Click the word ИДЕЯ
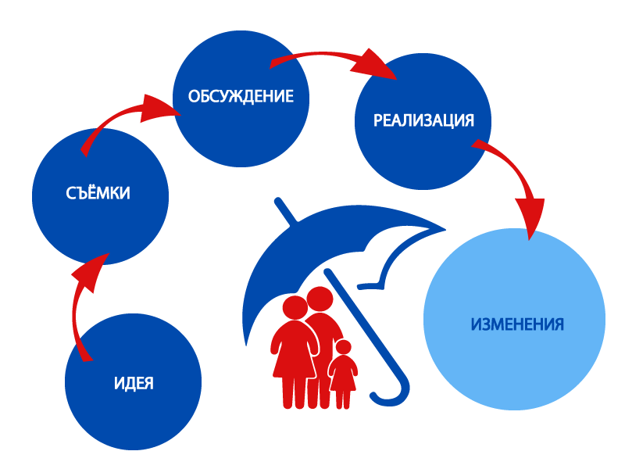134,384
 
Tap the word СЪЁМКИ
98,193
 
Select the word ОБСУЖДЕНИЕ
241,97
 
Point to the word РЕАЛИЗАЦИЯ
423,120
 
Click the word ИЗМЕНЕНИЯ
517,324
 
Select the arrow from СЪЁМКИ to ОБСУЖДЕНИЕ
117,121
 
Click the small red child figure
343,375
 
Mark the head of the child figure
343,348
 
